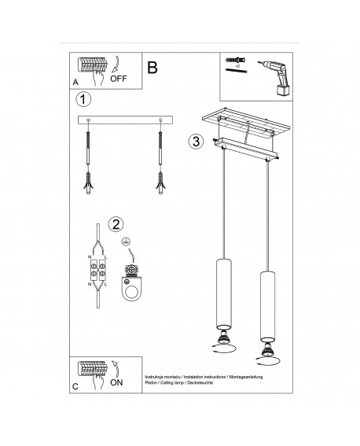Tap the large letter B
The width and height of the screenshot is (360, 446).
pos(152,68)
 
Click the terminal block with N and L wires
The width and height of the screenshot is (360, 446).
pos(98,274)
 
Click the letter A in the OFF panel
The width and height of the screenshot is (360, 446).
pos(75,81)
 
